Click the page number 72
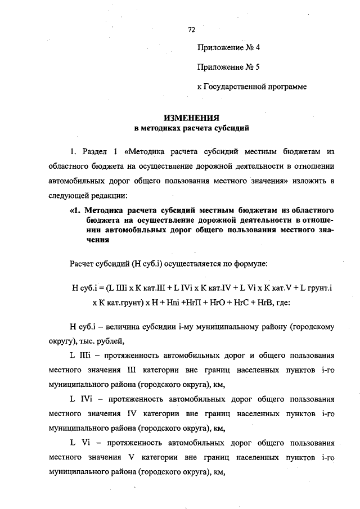pos(191,29)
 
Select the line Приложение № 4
pos(228,48)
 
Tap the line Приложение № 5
pos(228,67)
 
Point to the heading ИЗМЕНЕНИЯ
pos(191,118)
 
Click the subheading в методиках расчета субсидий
pos(191,128)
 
